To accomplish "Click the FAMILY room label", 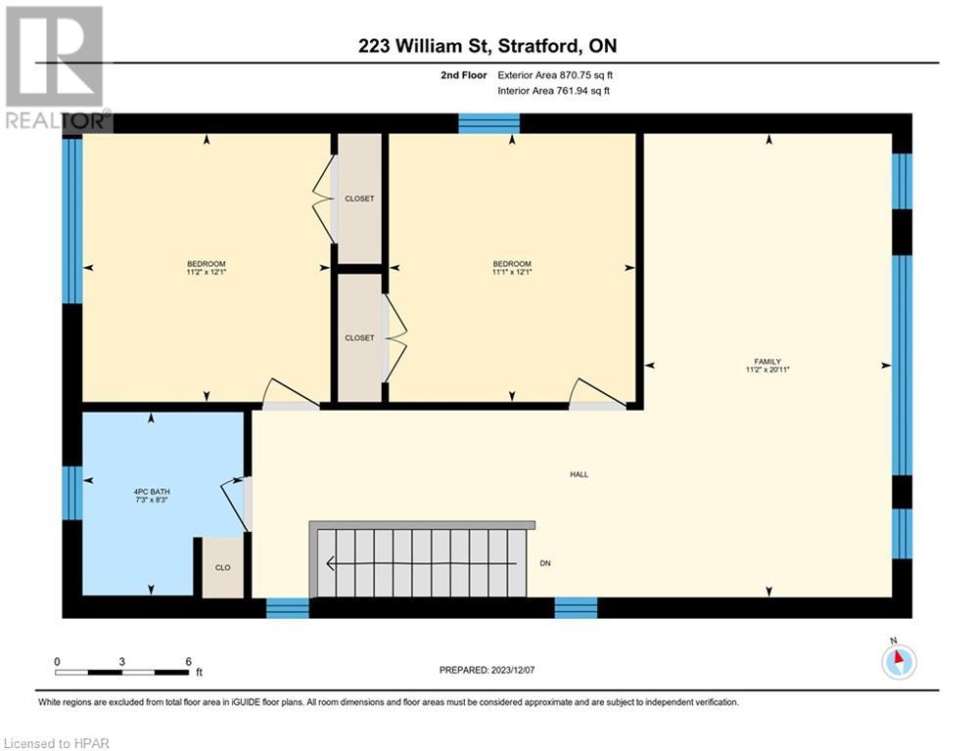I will [766, 361].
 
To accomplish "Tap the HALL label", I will [580, 474].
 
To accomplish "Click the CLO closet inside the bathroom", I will [222, 566].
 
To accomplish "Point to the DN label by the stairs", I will [545, 563].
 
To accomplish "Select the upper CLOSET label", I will [359, 199].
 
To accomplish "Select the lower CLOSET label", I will [359, 337].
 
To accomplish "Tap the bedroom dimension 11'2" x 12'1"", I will [207, 273].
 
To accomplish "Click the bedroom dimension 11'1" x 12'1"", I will [512, 273].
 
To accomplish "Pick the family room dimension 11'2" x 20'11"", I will [766, 370].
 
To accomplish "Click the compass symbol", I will [898, 660].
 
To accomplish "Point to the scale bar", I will [121, 672].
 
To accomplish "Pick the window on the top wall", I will [488, 123].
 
